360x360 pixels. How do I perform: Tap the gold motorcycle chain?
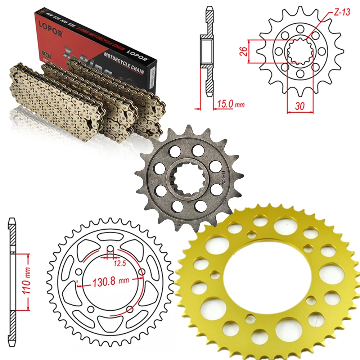pos(83,101)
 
